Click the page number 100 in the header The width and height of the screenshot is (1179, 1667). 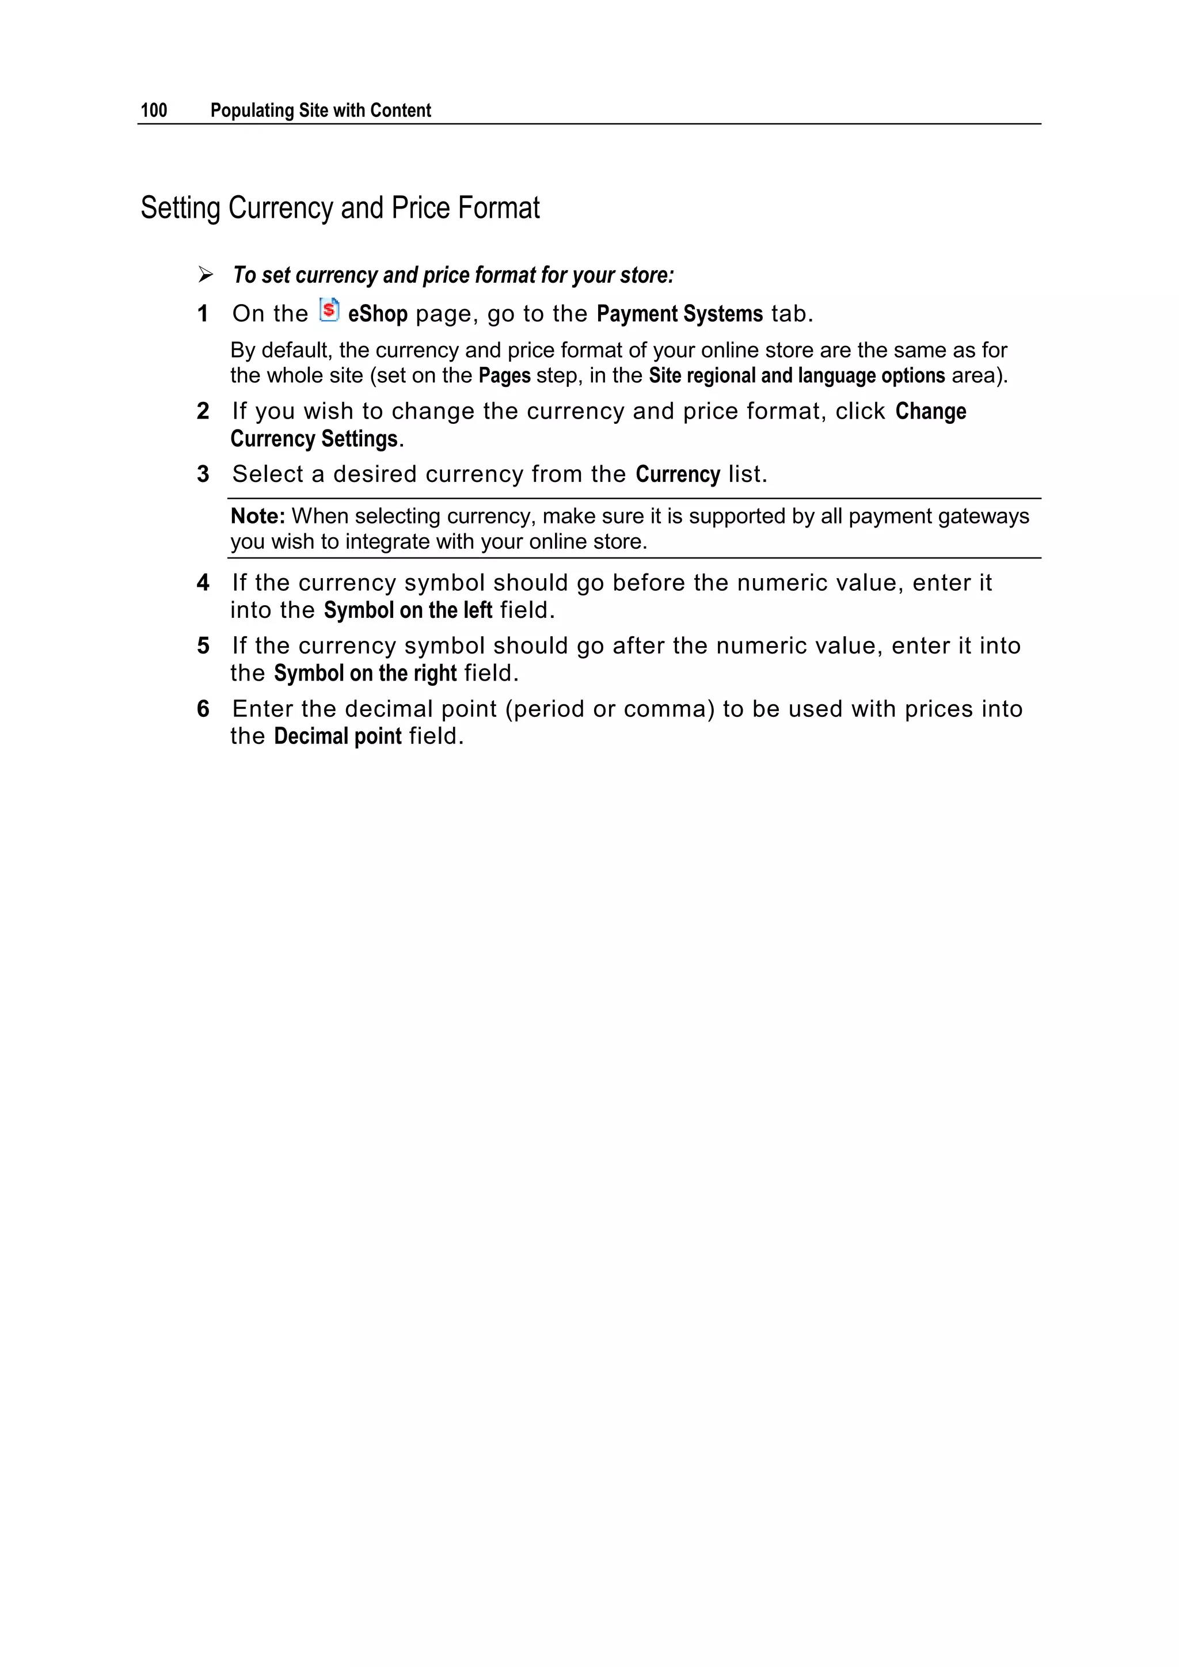[x=154, y=111]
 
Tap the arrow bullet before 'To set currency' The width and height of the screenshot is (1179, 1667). [x=206, y=275]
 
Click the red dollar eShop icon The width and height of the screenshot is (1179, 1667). [x=329, y=310]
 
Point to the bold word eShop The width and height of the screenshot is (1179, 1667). [x=378, y=314]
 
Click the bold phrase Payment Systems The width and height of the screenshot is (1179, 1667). [x=679, y=314]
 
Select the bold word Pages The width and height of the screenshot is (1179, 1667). [x=504, y=375]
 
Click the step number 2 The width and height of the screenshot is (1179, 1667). [x=203, y=411]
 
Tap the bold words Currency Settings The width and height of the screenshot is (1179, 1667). [x=314, y=439]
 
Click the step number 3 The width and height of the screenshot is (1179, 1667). [x=203, y=474]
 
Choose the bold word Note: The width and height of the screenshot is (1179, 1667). [x=258, y=516]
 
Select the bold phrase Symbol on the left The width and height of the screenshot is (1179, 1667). [x=408, y=610]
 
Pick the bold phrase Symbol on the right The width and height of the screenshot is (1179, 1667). [x=365, y=674]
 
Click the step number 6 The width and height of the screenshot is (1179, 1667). [x=203, y=709]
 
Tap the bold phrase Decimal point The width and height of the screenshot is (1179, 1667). [x=337, y=736]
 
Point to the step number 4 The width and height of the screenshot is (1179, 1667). [x=203, y=582]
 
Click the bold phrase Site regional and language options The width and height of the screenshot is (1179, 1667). [x=796, y=375]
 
